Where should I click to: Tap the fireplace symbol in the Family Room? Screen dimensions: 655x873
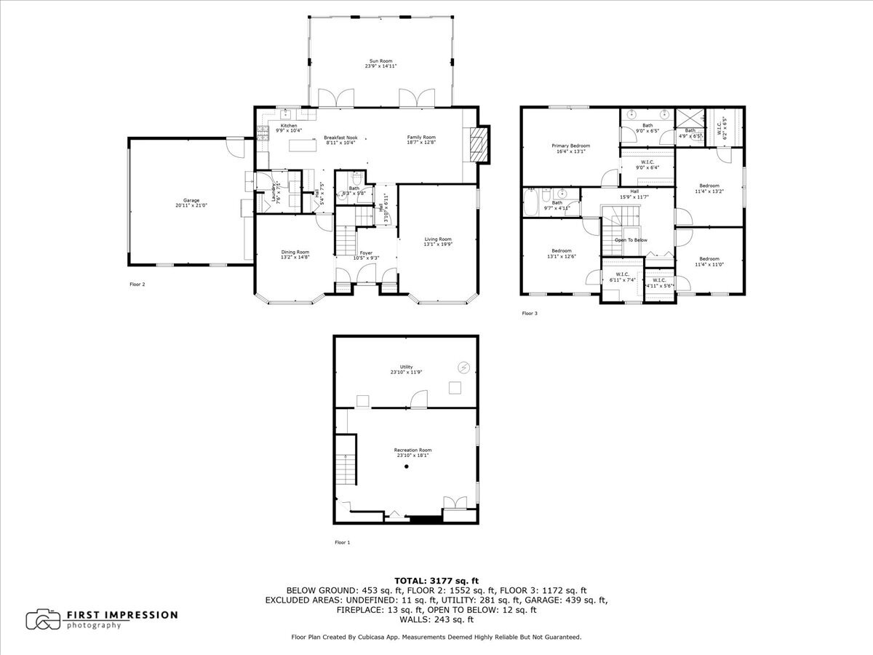478,143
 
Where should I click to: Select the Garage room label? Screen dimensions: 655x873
191,200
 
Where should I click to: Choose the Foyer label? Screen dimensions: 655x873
366,253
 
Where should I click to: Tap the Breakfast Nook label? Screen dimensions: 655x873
340,138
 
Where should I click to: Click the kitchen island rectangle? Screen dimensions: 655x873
306,146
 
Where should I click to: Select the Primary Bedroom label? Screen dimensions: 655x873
570,146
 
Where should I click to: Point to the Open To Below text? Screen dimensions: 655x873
631,239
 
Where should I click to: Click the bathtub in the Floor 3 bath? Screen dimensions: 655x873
532,203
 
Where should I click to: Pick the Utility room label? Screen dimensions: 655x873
406,367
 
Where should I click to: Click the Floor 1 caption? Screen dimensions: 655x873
342,542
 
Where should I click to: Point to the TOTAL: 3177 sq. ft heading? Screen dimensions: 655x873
436,580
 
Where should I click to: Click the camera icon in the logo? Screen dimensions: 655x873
43,619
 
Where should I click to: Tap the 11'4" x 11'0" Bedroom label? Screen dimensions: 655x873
709,262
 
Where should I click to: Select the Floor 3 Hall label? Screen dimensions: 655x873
634,193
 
